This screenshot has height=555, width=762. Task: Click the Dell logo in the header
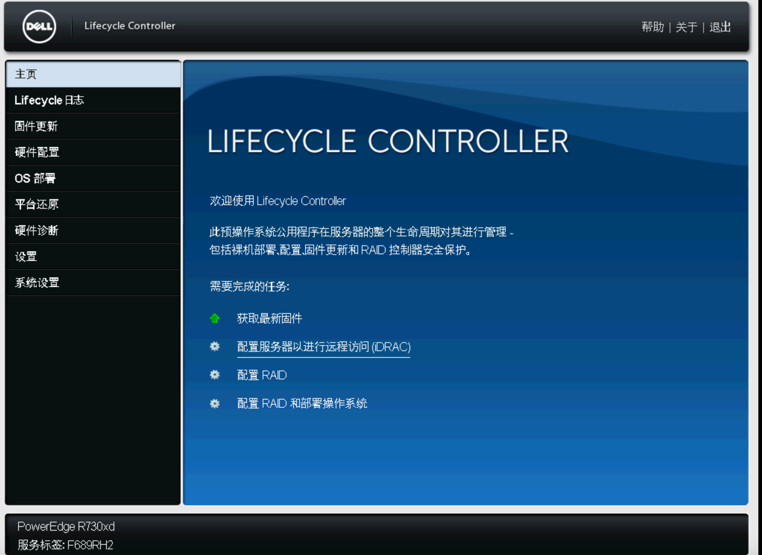click(39, 27)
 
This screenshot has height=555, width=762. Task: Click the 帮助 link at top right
click(652, 27)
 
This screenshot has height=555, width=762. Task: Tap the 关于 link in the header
click(686, 27)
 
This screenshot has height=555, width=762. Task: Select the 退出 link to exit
click(720, 27)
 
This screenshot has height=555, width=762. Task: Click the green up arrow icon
click(215, 318)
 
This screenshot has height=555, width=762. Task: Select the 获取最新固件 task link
click(269, 318)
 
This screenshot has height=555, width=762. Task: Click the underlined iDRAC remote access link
click(324, 347)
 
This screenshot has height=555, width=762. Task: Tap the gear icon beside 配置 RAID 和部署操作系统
click(215, 403)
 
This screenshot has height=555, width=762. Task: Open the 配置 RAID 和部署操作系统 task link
click(302, 403)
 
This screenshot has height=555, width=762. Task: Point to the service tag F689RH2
click(90, 545)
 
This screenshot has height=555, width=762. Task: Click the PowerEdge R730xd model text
click(66, 526)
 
